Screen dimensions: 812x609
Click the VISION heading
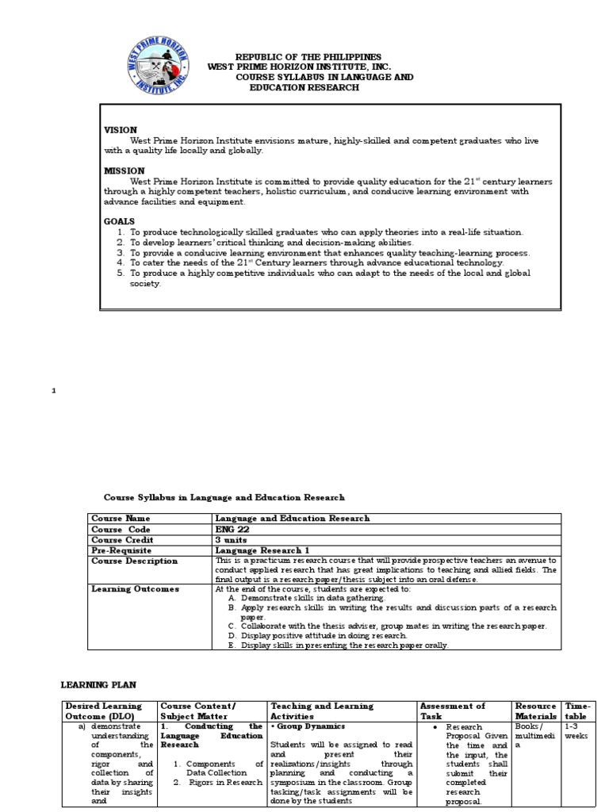point(121,129)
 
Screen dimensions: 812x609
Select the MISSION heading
point(124,170)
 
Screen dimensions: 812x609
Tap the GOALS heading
point(120,221)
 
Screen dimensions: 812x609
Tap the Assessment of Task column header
point(452,710)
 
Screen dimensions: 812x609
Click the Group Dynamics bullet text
point(304,726)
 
